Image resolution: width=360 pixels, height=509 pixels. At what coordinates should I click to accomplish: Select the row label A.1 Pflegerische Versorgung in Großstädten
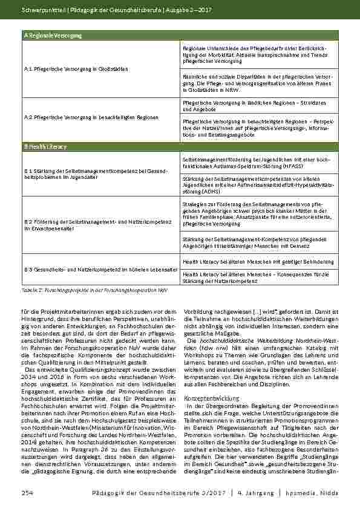coord(77,69)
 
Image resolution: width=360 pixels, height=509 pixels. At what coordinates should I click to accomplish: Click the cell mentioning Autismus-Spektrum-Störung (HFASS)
coord(256,162)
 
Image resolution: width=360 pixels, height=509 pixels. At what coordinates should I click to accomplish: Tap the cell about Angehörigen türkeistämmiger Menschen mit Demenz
coord(255,243)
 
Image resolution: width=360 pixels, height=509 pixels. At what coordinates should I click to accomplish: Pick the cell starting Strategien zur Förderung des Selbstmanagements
coord(256,215)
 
